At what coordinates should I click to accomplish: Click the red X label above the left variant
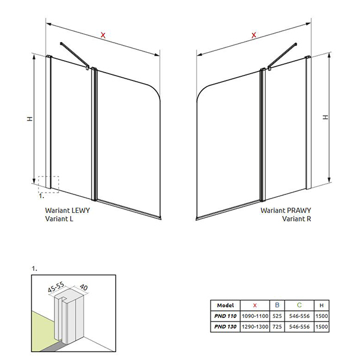[103, 35]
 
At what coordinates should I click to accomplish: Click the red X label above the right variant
[254, 35]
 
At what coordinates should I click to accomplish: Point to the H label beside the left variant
[30, 119]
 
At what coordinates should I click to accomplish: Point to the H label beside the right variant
[325, 117]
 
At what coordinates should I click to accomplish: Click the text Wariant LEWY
[67, 211]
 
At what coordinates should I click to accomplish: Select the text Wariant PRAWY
[286, 211]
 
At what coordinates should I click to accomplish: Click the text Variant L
[59, 218]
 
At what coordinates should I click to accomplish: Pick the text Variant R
[296, 218]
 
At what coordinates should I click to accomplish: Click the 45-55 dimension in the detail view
[56, 287]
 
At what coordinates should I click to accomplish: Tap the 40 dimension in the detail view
[83, 287]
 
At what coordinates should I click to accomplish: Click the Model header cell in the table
[225, 305]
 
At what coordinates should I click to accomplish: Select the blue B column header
[277, 305]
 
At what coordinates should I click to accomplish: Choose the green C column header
[299, 305]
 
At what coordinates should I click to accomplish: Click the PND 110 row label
[225, 316]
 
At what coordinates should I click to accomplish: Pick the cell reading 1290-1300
[255, 327]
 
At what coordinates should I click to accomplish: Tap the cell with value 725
[277, 327]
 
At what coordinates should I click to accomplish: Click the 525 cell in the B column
[277, 316]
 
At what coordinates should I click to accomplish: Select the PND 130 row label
[225, 327]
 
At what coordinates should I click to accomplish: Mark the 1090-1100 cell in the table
[255, 316]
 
